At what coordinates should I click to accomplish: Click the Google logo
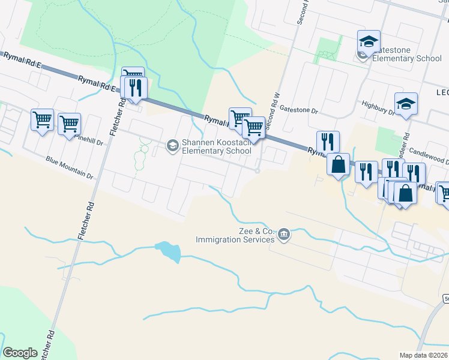[20, 353]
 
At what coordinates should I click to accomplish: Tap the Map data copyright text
[424, 355]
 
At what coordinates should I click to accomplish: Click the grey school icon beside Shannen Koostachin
[173, 145]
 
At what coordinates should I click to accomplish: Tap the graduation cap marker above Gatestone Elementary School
[369, 41]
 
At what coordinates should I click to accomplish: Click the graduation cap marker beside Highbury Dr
[406, 104]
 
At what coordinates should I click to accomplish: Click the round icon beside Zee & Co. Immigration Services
[285, 235]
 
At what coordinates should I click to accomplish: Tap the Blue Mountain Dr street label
[70, 168]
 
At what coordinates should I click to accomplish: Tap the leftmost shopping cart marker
[42, 120]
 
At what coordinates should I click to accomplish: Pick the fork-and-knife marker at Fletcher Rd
[134, 88]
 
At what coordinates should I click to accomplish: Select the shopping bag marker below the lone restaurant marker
[339, 164]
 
